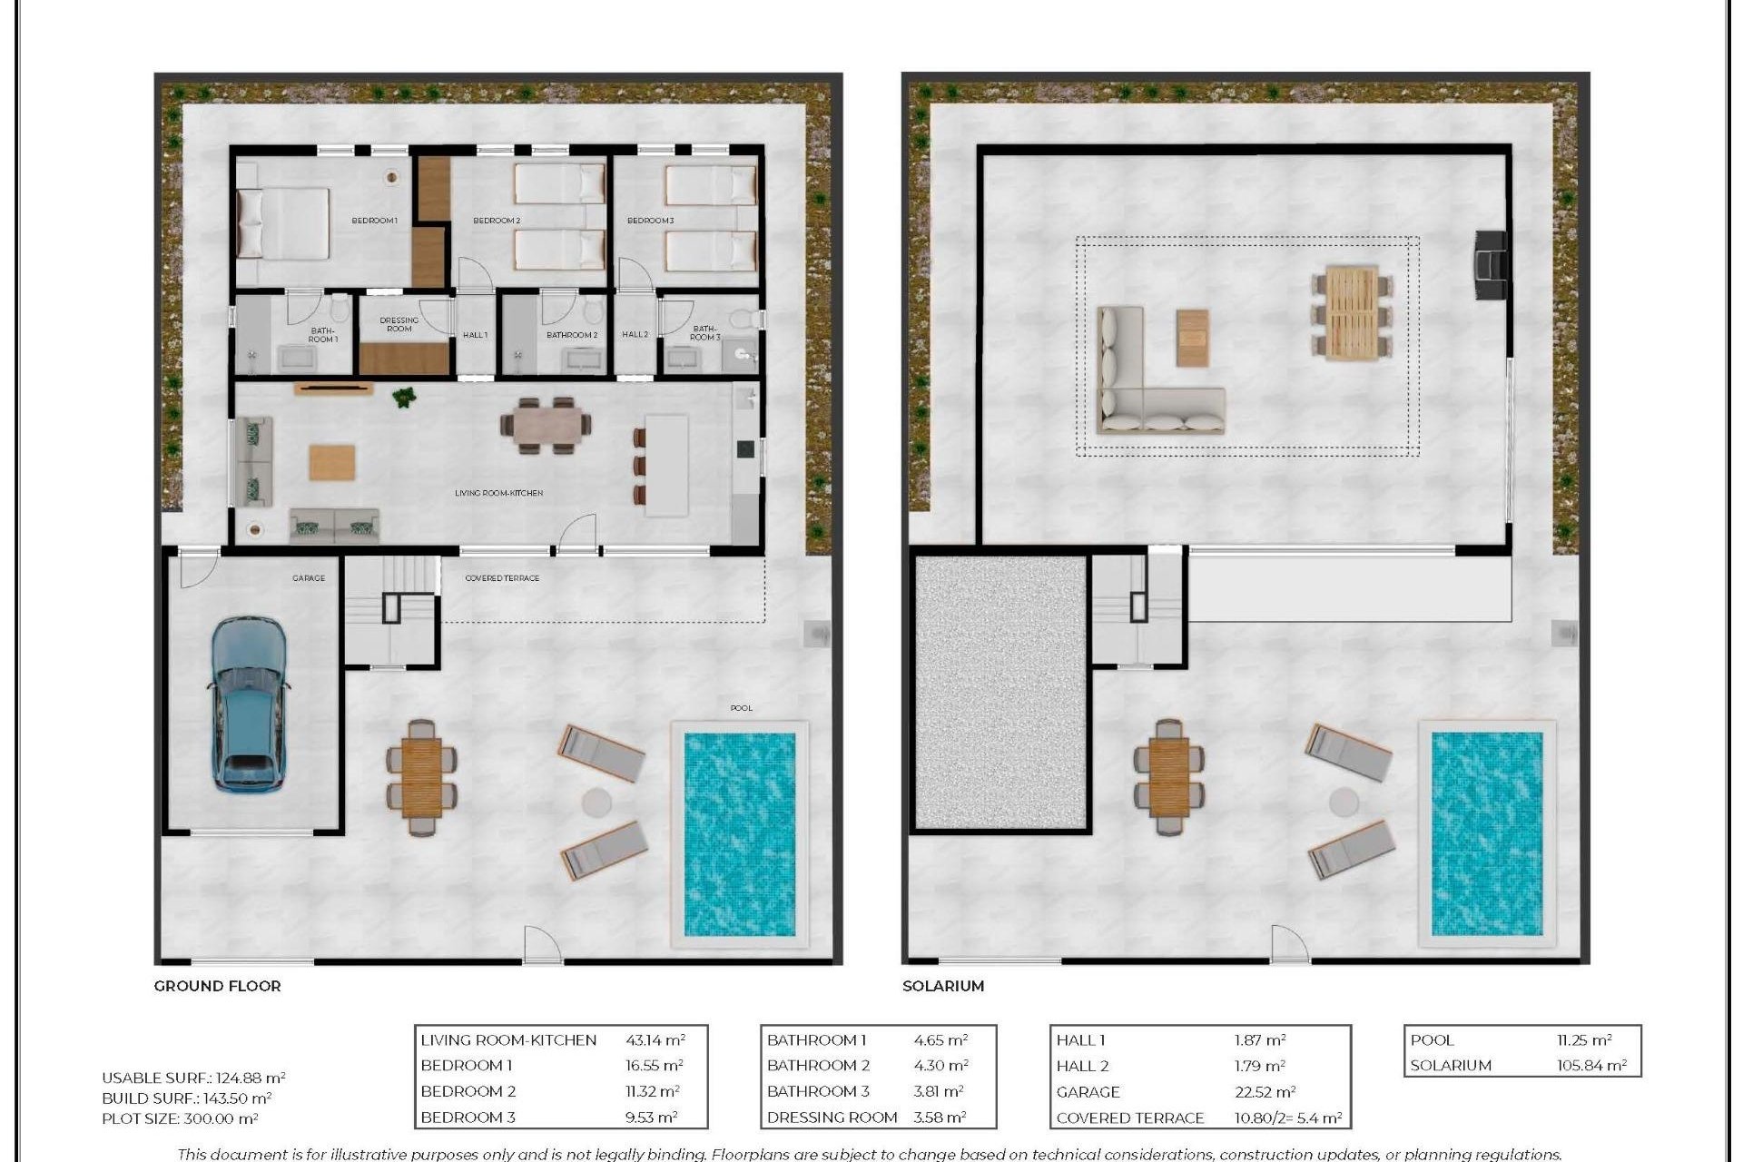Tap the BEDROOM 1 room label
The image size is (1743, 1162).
374,221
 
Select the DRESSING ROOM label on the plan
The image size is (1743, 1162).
399,324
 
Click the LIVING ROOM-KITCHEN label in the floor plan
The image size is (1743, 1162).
498,493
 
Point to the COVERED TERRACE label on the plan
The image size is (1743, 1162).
502,578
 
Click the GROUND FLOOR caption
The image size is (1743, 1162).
217,986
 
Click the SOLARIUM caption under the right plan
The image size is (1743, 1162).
942,986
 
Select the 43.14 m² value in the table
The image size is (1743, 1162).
655,1040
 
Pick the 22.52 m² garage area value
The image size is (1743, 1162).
1265,1092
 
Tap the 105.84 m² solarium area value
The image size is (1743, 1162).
1591,1066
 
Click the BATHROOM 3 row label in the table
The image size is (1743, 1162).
818,1091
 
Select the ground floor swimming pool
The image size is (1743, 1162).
739,834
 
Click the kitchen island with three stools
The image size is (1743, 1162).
666,466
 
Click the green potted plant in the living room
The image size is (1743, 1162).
403,397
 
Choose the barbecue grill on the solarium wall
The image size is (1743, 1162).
1489,264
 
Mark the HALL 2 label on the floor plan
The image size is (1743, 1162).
635,335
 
